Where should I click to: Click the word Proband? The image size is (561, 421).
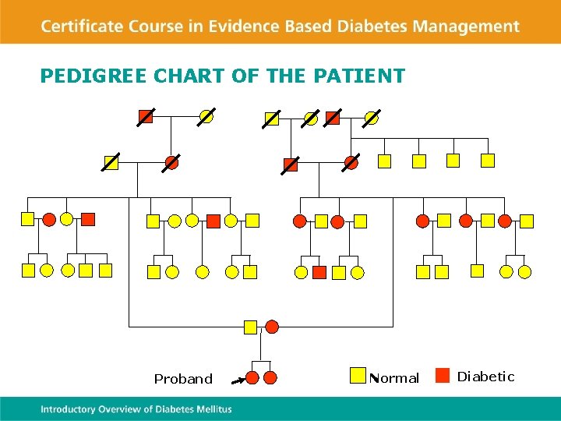tap(183, 379)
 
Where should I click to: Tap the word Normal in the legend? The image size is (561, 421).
tap(395, 378)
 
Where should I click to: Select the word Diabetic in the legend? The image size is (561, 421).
tap(485, 377)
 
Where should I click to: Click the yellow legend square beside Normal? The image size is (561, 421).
tap(358, 376)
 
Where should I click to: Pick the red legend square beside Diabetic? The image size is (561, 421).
tap(442, 376)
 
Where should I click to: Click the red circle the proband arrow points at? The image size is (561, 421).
tap(252, 377)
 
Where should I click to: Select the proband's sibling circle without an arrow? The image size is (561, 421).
tap(270, 377)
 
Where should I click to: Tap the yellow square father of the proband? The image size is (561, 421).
tap(250, 327)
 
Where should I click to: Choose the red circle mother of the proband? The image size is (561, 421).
tap(272, 327)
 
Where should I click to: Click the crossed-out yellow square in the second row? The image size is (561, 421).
tap(111, 162)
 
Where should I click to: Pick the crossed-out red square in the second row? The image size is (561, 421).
tap(291, 164)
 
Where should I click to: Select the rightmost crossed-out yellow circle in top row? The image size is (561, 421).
tap(372, 118)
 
